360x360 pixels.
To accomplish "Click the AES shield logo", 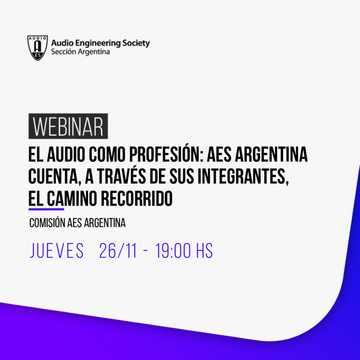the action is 38,48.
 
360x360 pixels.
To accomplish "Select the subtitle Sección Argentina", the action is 81,52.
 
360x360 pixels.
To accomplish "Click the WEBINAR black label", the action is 68,126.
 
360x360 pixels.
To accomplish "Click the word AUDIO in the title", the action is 66,155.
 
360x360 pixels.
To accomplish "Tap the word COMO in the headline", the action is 107,155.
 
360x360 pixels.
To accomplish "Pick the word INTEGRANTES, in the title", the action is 243,176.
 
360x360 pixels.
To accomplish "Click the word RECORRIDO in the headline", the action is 137,198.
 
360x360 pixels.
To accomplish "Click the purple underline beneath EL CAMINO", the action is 46,209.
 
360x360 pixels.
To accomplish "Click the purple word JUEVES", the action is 57,251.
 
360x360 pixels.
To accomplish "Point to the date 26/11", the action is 118,251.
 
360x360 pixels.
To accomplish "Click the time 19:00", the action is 173,251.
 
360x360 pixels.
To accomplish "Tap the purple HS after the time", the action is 204,251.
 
